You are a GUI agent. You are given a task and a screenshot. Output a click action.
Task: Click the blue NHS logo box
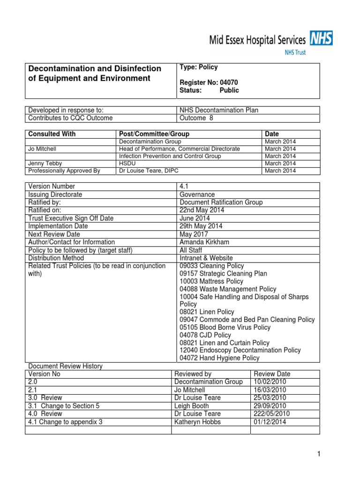click(x=321, y=39)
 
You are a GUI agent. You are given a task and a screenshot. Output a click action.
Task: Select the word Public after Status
click(x=229, y=90)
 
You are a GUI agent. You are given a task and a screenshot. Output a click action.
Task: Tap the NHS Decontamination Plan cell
click(x=219, y=110)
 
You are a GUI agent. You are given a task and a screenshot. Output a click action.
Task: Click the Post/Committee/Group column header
click(x=154, y=134)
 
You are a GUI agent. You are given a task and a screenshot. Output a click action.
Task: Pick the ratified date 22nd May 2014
click(x=202, y=210)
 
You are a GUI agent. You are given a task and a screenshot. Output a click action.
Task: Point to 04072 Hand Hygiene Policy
click(x=219, y=358)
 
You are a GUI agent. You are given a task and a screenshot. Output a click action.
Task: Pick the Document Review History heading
click(x=65, y=366)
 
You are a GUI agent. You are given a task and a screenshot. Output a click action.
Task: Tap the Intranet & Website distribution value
click(x=206, y=258)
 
